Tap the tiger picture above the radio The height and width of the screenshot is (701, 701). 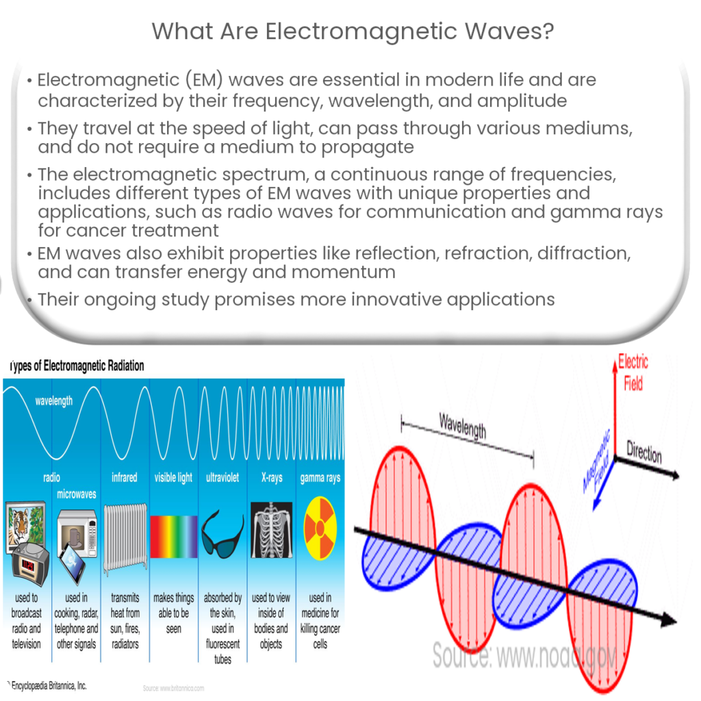25,524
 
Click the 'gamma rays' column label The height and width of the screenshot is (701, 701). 320,478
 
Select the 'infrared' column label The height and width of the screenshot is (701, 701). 125,478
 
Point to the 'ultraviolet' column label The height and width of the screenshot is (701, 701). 222,478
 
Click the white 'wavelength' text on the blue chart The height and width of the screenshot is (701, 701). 54,401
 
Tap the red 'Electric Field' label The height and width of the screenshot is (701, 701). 633,372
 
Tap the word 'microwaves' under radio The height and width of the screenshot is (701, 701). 77,494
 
